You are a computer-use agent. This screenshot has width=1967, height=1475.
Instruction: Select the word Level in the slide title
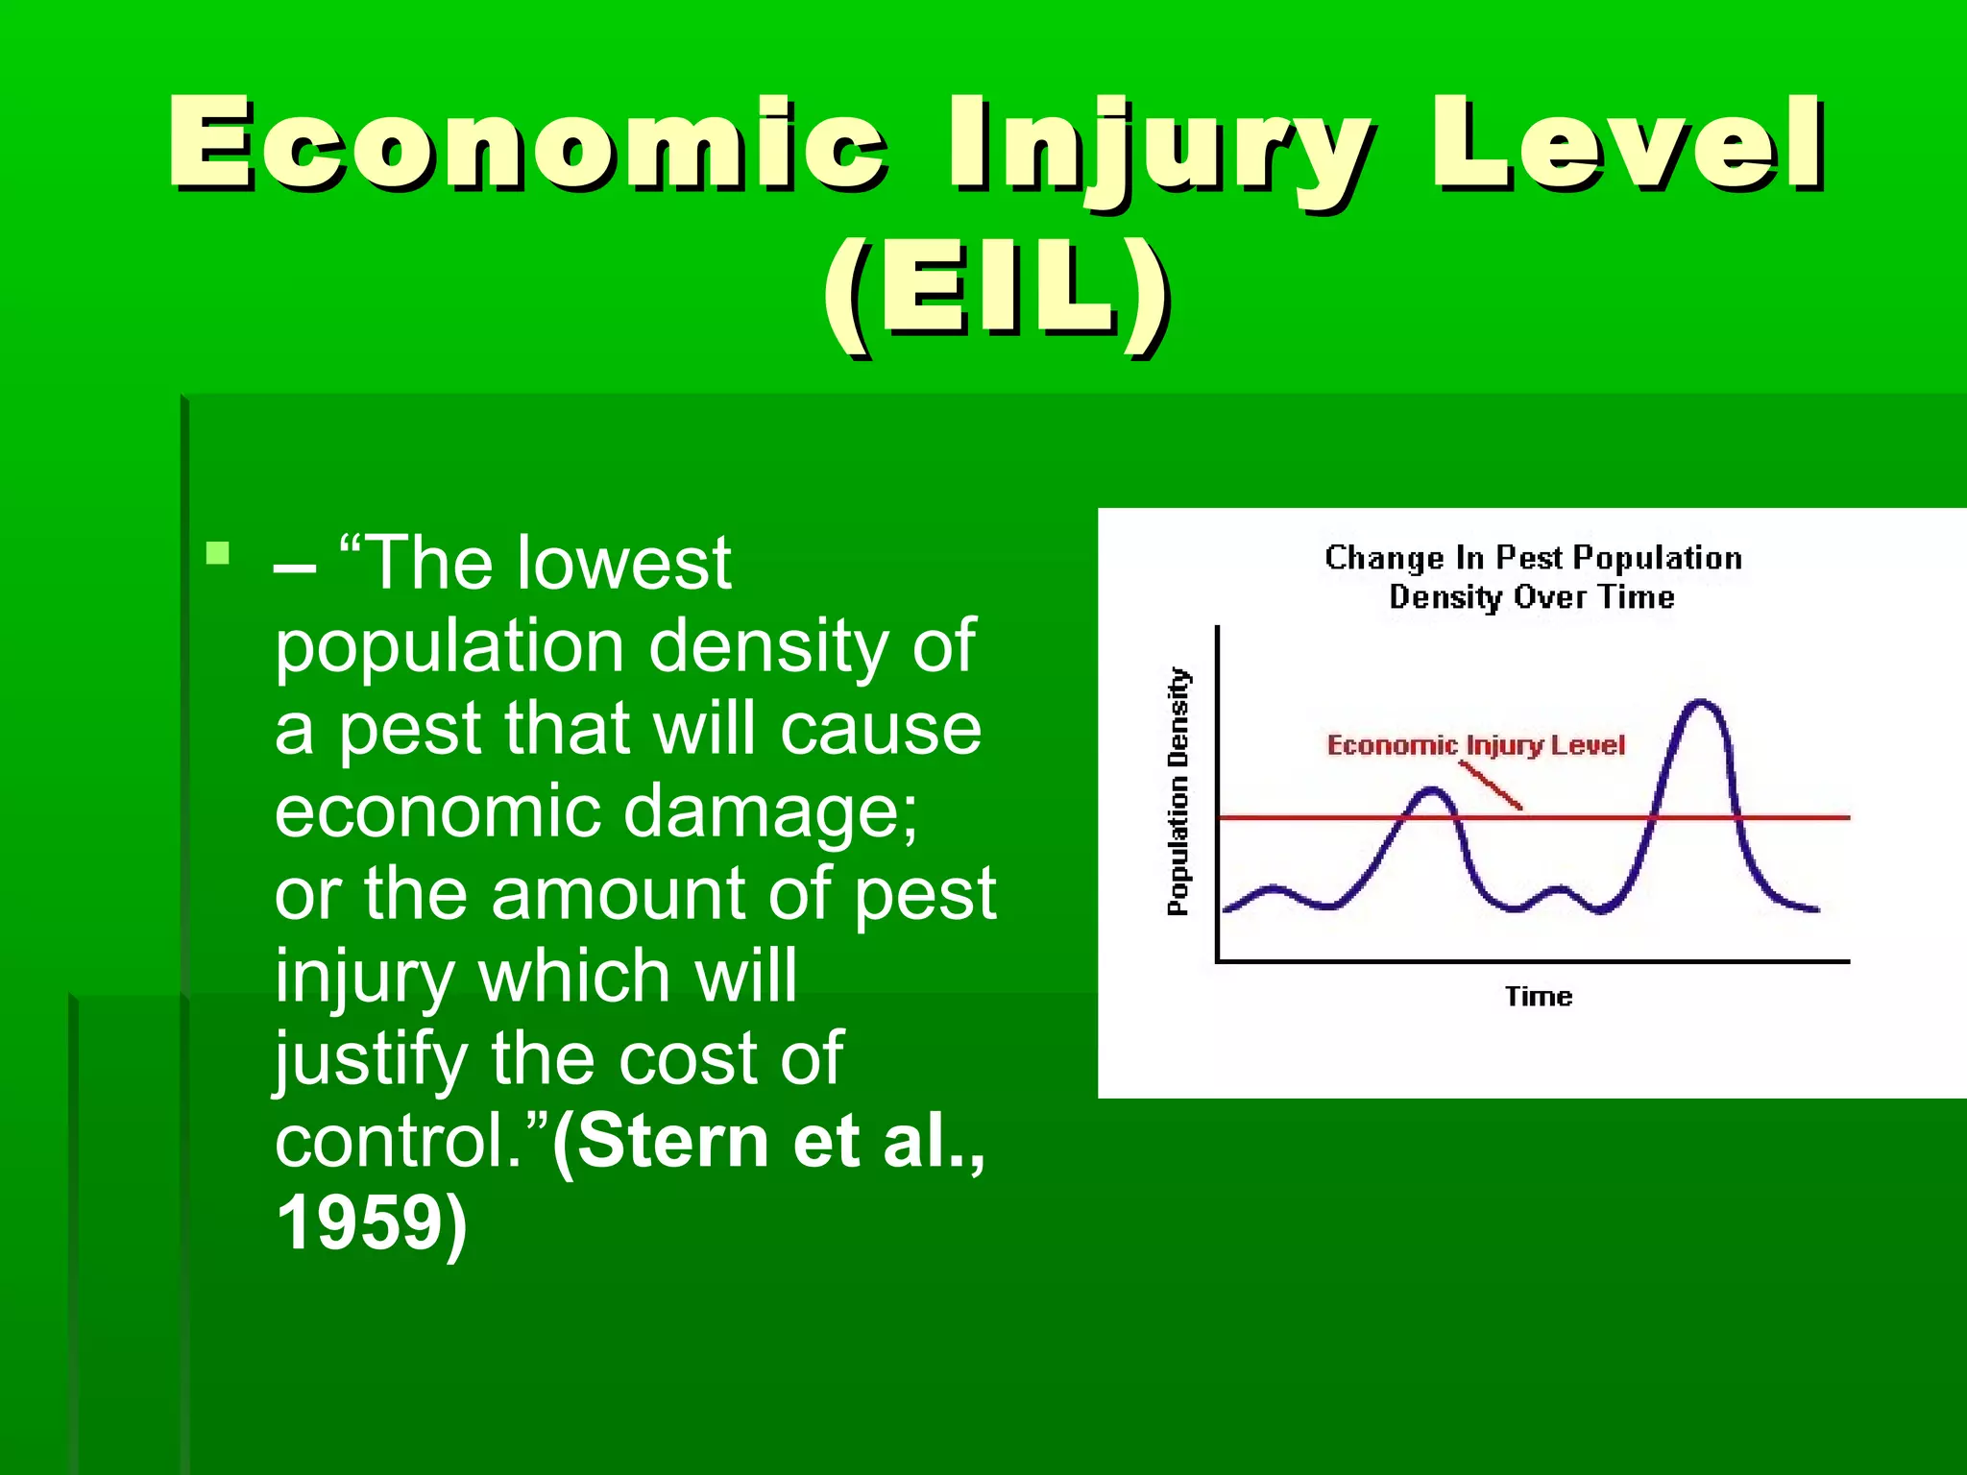point(1628,144)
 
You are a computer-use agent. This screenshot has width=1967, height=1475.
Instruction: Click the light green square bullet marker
point(218,553)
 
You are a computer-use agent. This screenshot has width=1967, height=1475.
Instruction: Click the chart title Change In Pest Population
point(1533,558)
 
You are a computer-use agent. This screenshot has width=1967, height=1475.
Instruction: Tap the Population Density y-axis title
point(1178,791)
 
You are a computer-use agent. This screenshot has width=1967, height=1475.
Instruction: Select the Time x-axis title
point(1539,997)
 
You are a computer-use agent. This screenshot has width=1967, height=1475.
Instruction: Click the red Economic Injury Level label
point(1475,745)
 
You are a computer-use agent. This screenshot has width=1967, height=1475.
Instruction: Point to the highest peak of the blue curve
point(1702,703)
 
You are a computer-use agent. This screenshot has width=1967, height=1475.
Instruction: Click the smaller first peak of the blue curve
point(1432,791)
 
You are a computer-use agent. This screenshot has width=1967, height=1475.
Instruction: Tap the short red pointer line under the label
point(1491,786)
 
